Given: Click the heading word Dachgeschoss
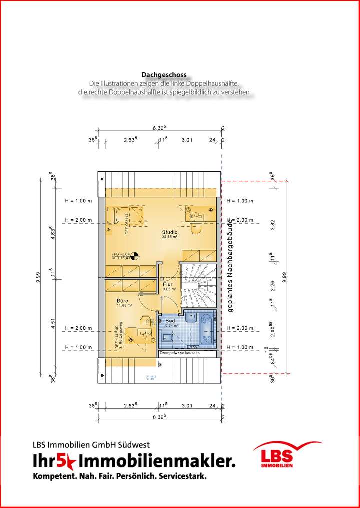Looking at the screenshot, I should tap(164, 75).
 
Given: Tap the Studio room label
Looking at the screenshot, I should tap(169, 232).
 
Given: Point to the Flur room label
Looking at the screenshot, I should tap(167, 284).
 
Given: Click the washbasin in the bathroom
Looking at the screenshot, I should tap(190, 318).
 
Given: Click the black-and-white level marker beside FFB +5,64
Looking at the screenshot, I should tap(134, 256).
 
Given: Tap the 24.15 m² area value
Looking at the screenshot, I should tap(169, 237).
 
